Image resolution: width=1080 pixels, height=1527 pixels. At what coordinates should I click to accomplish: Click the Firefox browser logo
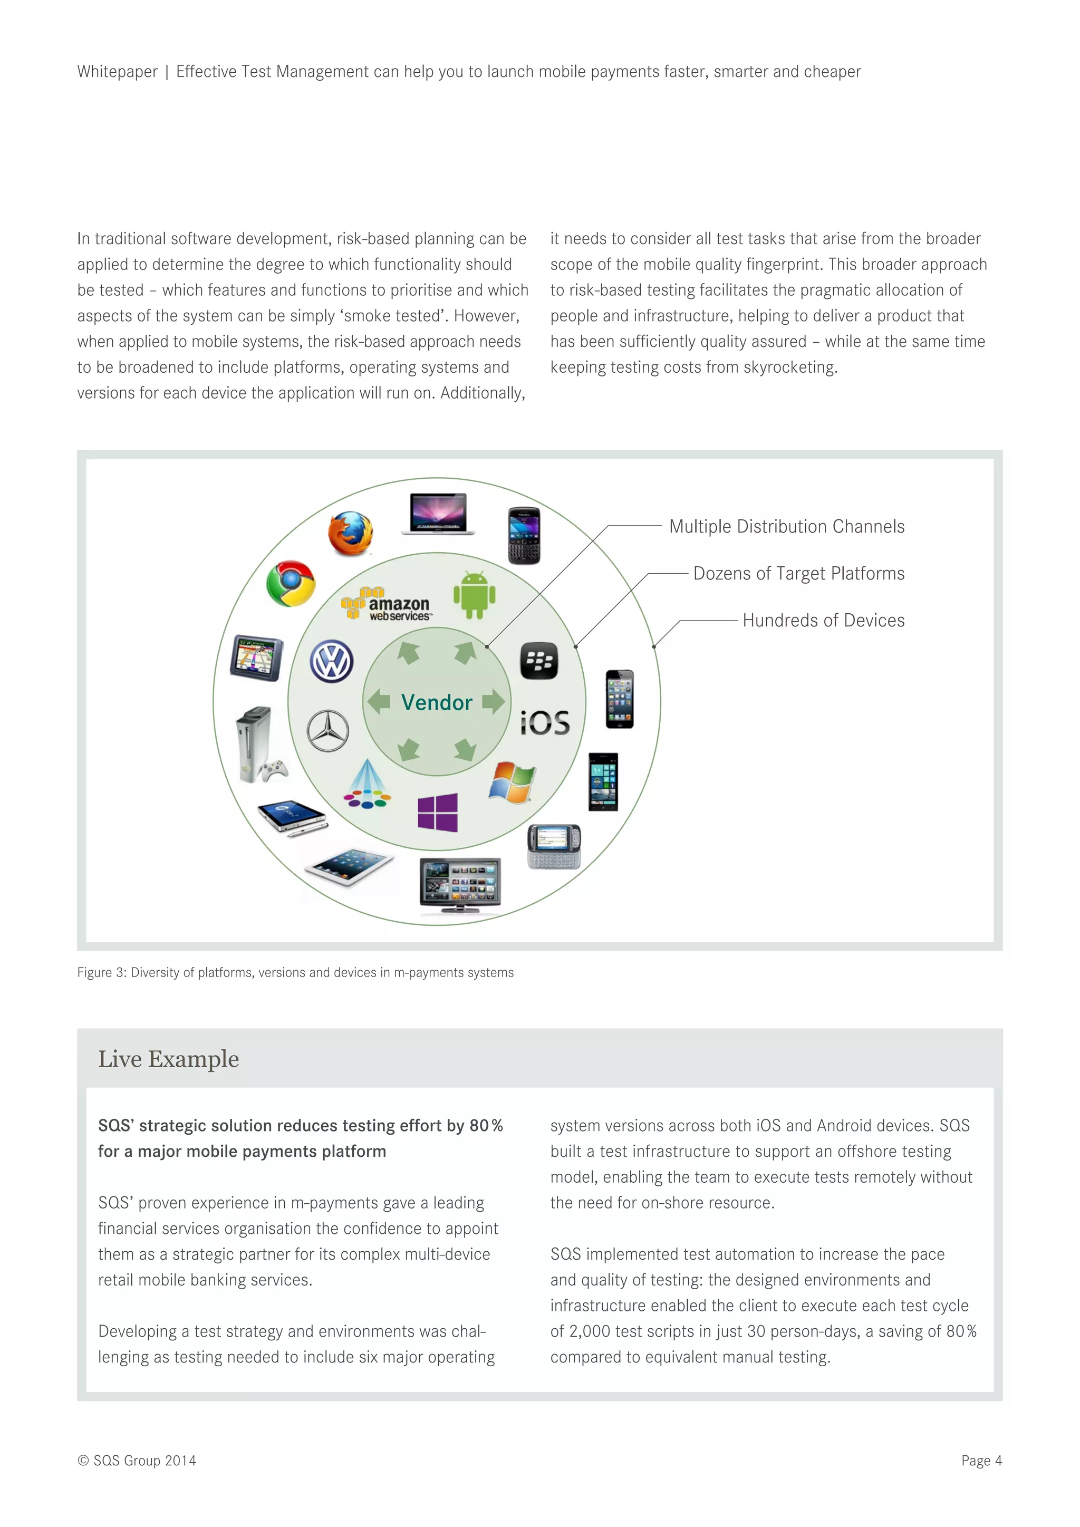coord(351,533)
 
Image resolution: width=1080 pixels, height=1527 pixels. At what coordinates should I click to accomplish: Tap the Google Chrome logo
coord(291,583)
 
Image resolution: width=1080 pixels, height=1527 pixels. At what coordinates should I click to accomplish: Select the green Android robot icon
coord(474,595)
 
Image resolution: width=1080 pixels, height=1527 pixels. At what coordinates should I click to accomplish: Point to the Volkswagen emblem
coord(332,661)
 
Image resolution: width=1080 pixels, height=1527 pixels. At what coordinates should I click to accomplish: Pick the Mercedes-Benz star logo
coord(328,731)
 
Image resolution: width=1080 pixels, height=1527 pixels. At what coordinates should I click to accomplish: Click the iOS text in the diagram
coord(545,723)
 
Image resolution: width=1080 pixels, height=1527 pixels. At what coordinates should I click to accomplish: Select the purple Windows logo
coord(438,812)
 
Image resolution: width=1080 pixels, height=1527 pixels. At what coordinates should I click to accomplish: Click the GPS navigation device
coord(257,658)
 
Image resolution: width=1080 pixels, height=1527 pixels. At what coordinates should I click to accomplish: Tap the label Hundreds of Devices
coord(823,621)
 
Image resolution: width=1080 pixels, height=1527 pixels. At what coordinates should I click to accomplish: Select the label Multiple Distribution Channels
coord(787,527)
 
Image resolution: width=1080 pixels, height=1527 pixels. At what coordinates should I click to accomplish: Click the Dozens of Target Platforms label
coord(799,573)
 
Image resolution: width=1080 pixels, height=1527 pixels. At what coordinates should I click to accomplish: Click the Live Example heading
coord(168,1059)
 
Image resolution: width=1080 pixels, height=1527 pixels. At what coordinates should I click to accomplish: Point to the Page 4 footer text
coord(981,1461)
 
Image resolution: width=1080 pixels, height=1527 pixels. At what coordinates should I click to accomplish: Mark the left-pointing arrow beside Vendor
coord(379,702)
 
